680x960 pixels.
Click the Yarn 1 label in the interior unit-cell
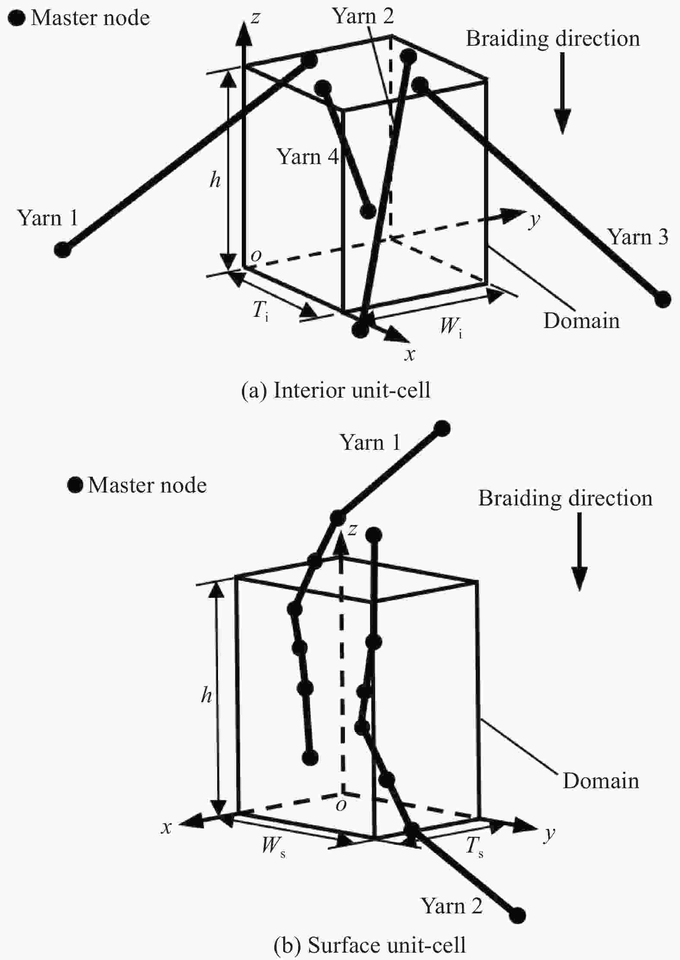(47, 218)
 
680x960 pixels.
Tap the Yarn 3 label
(638, 237)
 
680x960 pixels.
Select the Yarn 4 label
(307, 157)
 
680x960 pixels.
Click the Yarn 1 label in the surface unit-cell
(370, 442)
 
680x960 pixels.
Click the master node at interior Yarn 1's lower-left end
(63, 249)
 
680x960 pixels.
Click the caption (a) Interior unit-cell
(335, 391)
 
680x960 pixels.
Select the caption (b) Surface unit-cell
(370, 945)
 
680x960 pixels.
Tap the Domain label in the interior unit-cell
(581, 321)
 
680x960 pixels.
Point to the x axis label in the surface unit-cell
(166, 827)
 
